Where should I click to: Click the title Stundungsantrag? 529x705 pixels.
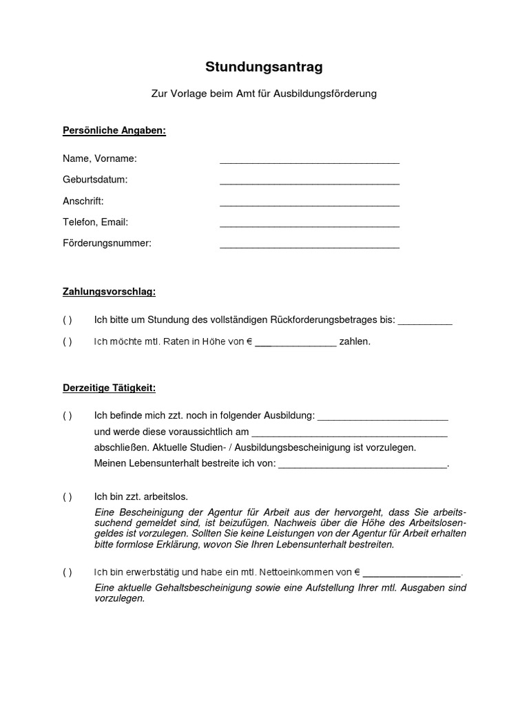(x=264, y=67)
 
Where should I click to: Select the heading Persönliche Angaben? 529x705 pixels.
(x=114, y=130)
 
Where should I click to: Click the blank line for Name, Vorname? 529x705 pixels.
(x=309, y=160)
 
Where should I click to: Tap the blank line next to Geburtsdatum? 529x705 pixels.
(x=309, y=182)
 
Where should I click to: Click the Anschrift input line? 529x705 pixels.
(x=309, y=203)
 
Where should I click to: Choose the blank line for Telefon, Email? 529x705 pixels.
(x=309, y=224)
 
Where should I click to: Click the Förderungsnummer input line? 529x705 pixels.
(x=309, y=246)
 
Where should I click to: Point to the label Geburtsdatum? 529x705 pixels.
(x=95, y=180)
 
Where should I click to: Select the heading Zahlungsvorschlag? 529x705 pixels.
(x=109, y=292)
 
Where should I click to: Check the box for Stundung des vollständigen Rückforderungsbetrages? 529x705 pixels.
(x=67, y=320)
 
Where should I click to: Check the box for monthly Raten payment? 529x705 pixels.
(x=67, y=341)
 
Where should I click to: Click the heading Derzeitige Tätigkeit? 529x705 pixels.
(x=109, y=388)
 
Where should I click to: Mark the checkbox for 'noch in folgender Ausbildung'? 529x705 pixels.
(x=67, y=416)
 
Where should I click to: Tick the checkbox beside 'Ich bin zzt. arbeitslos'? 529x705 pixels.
(x=67, y=496)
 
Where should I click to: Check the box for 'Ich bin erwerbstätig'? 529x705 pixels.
(x=67, y=572)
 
